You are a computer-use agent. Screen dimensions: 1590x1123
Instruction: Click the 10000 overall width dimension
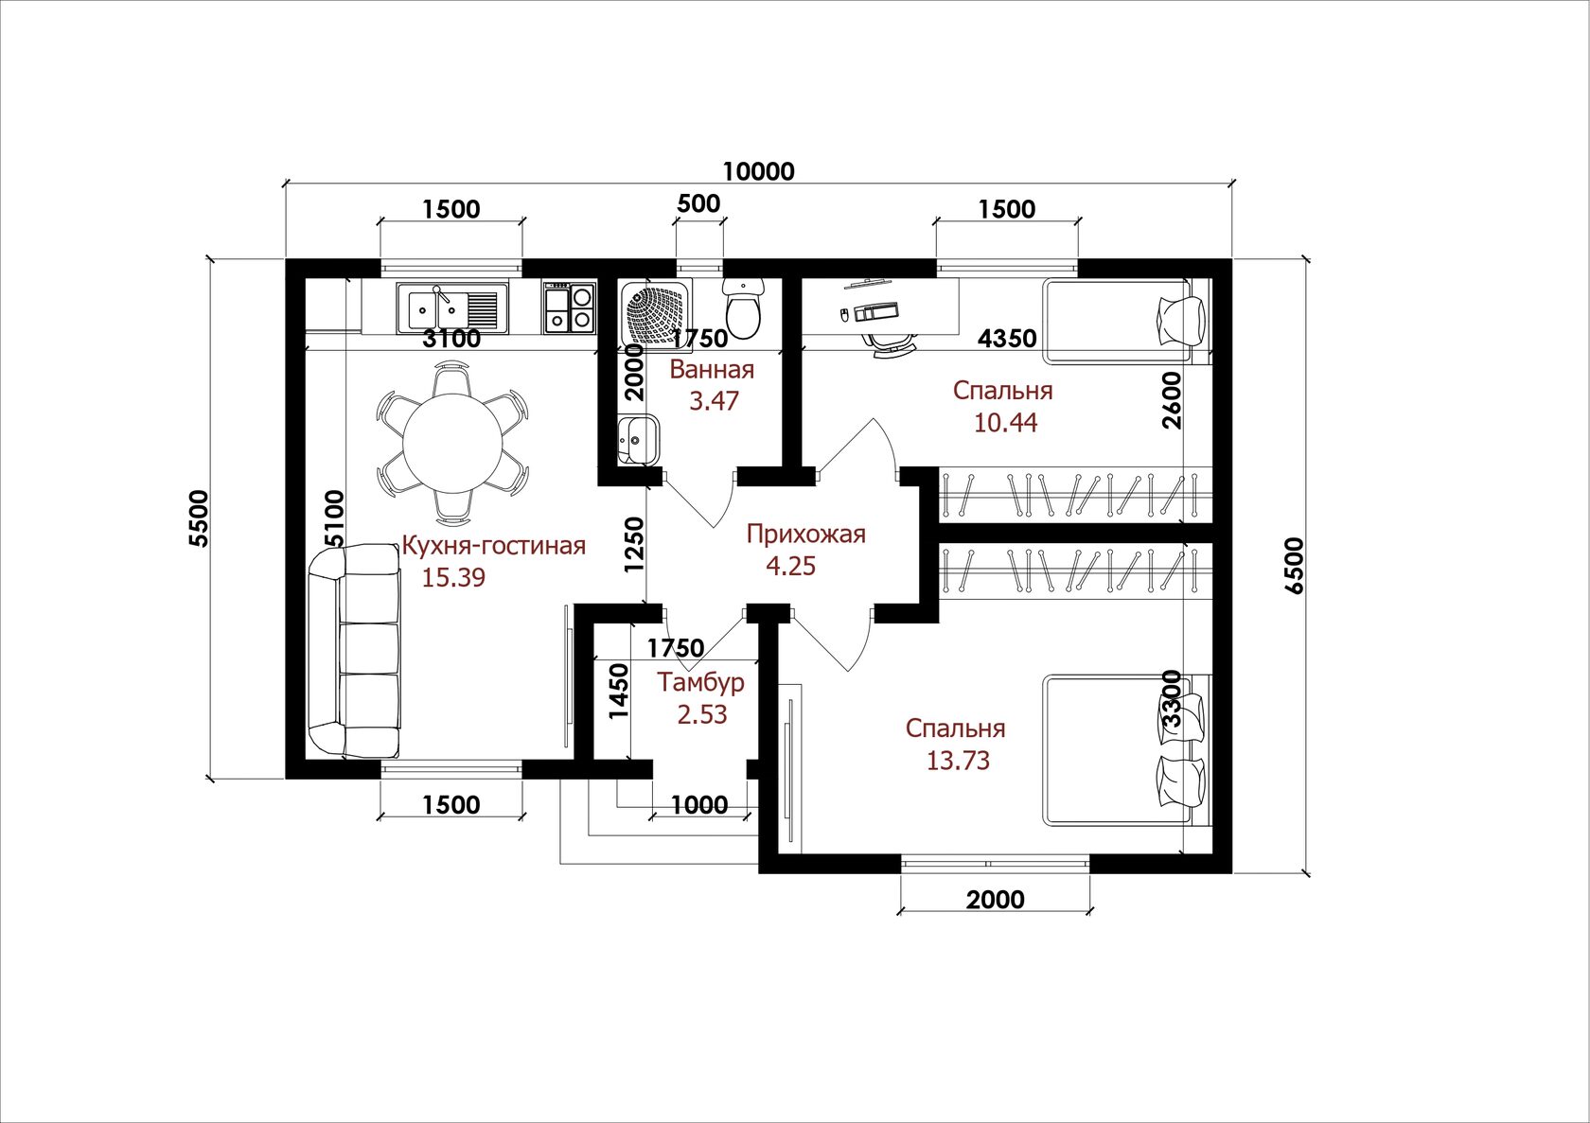pos(759,171)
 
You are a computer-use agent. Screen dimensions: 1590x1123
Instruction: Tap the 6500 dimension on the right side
pos(1294,566)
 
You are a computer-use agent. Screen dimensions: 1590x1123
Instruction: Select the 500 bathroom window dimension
pos(698,203)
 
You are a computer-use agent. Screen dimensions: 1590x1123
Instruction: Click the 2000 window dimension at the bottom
pos(996,900)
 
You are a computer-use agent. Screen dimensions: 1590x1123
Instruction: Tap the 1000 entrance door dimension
pos(699,804)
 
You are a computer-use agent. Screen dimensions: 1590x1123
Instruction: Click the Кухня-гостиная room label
pos(494,546)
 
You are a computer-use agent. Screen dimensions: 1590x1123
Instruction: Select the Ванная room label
pos(712,370)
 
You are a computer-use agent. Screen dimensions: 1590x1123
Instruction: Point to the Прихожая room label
pos(805,534)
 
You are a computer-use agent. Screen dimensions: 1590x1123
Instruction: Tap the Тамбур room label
pos(700,682)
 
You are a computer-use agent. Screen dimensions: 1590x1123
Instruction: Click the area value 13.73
pos(958,761)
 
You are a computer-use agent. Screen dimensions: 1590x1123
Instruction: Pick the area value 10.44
pos(1006,423)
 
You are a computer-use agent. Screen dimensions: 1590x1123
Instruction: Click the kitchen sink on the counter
pos(452,307)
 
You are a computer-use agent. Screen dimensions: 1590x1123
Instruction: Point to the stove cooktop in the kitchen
pos(570,307)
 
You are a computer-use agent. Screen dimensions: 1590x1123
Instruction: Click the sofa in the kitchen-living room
pos(354,651)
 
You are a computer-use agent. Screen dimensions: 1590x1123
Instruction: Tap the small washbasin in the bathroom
pos(638,439)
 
